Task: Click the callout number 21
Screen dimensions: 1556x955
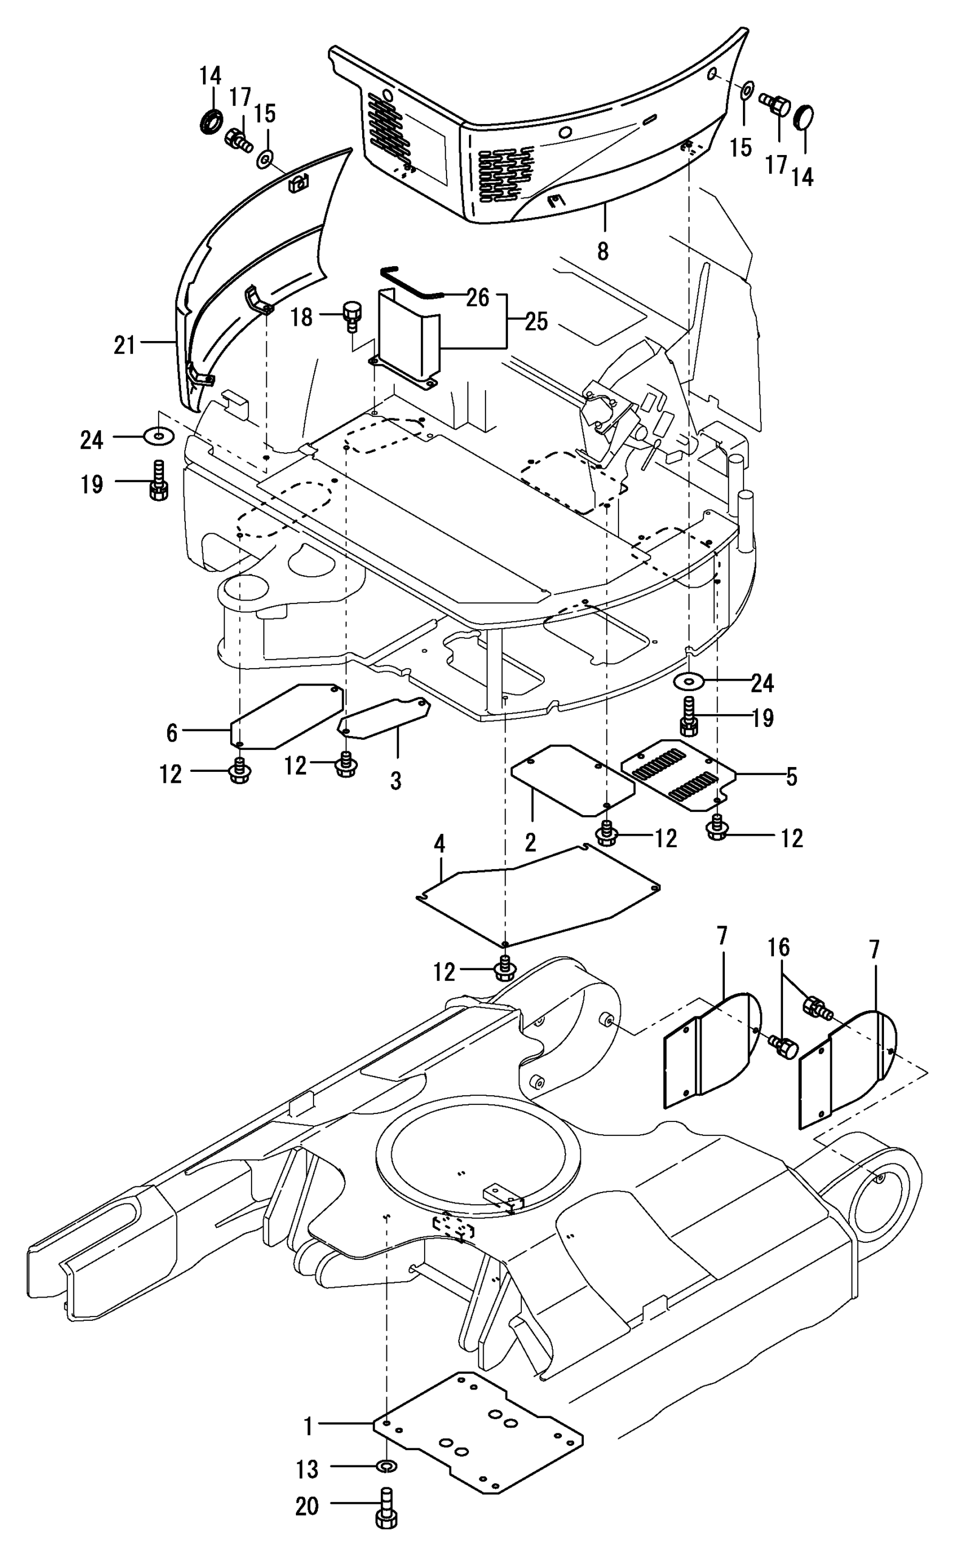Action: click(x=125, y=345)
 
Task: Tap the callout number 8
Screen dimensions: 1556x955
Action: click(x=603, y=252)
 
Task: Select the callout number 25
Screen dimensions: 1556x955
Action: click(x=536, y=322)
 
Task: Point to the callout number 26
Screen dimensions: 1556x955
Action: click(x=477, y=298)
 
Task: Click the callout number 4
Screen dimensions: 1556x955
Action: click(x=440, y=844)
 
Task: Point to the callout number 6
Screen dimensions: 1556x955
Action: click(x=172, y=732)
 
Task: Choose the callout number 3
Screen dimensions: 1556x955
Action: click(x=396, y=781)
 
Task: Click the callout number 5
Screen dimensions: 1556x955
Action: click(x=792, y=777)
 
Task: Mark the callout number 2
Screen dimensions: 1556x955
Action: click(x=530, y=842)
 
